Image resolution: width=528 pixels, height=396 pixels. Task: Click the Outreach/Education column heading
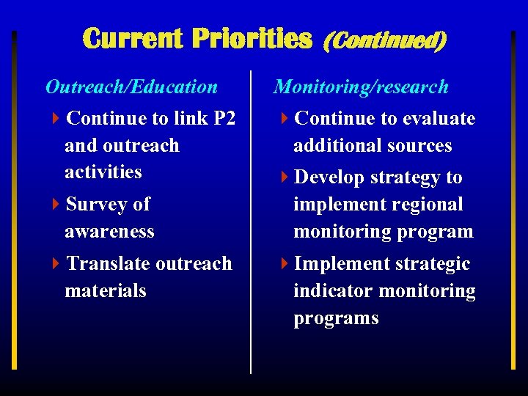(131, 87)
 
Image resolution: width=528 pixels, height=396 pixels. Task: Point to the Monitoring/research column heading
(361, 87)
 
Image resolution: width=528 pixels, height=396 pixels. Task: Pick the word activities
(103, 172)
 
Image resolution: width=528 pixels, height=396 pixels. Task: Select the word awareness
(109, 232)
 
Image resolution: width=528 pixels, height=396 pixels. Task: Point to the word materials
(106, 291)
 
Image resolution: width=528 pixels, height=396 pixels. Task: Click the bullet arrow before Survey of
(57, 205)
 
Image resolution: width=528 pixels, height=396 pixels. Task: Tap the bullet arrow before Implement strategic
(286, 264)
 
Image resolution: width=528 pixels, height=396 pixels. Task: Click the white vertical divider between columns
(252, 220)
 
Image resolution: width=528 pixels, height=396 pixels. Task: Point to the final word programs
(336, 319)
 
